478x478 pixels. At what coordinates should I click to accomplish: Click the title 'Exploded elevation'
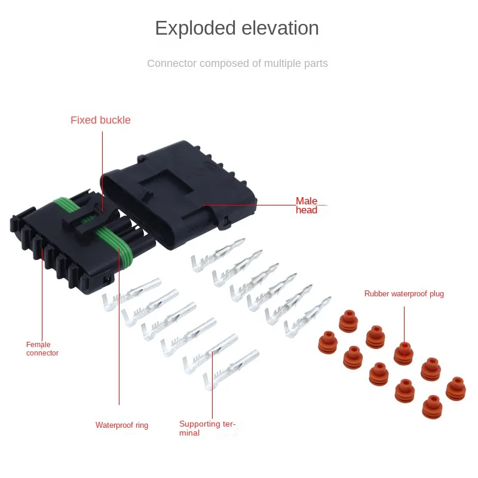pyautogui.click(x=237, y=28)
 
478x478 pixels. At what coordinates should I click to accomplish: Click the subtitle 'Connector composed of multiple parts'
pyautogui.click(x=237, y=63)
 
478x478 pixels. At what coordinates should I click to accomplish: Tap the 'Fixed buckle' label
pyautogui.click(x=100, y=120)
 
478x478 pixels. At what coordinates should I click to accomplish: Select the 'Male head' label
pyautogui.click(x=307, y=206)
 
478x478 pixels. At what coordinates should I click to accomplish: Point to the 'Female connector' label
pyautogui.click(x=42, y=348)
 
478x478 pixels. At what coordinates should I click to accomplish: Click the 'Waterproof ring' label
pyautogui.click(x=122, y=425)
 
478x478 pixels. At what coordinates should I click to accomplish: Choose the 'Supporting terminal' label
pyautogui.click(x=207, y=428)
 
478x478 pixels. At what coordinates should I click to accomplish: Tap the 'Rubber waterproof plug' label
pyautogui.click(x=404, y=294)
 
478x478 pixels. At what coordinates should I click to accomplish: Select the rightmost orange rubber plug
pyautogui.click(x=456, y=388)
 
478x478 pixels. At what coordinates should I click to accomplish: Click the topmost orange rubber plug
pyautogui.click(x=349, y=321)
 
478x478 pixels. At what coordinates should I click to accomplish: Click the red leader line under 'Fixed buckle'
pyautogui.click(x=102, y=167)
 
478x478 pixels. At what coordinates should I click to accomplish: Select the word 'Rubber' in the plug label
pyautogui.click(x=376, y=294)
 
